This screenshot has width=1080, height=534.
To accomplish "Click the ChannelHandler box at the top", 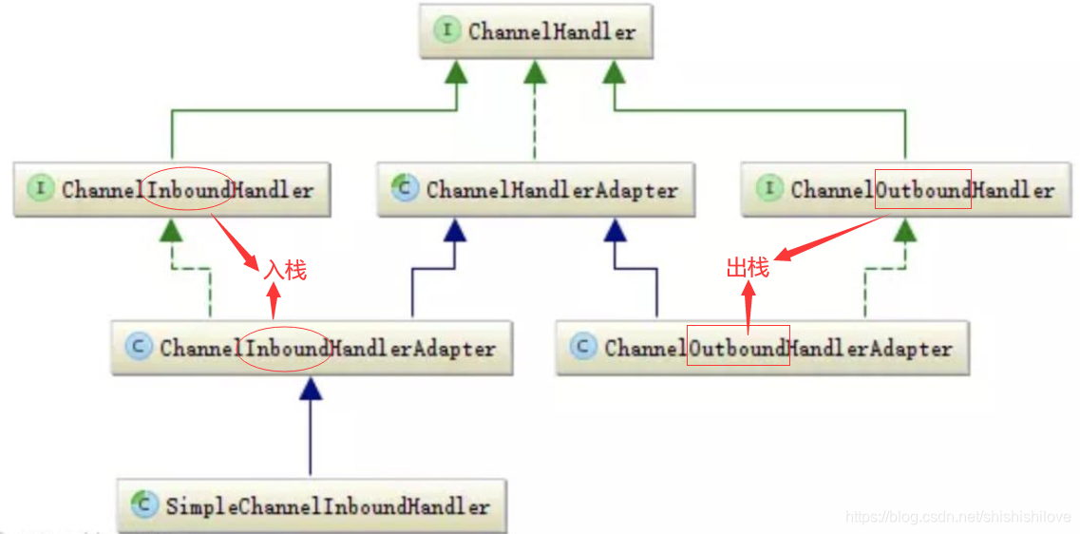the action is (536, 31).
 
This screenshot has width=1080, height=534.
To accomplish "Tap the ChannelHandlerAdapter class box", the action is (536, 189).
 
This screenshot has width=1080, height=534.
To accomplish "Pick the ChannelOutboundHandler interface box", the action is (906, 189).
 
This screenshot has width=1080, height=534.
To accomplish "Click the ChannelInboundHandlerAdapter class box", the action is (312, 348).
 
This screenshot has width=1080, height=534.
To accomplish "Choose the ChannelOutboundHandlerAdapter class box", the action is (762, 348).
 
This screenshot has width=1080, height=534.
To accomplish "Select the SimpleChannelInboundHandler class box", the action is (312, 505).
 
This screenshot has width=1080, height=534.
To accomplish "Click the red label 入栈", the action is (285, 270).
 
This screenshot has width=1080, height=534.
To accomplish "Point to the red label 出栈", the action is (748, 268).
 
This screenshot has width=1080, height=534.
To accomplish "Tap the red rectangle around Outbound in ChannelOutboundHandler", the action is (922, 189).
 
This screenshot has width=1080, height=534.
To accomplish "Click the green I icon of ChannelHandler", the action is (446, 30).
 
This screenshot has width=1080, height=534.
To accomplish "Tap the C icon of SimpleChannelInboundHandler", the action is (144, 505).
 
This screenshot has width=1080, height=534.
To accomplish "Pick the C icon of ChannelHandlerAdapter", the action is (405, 188).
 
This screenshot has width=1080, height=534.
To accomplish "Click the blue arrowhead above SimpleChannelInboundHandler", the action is (311, 388).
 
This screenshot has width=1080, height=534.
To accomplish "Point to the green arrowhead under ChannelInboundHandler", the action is (170, 229).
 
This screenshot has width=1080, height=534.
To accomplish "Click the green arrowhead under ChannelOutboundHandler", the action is (905, 229).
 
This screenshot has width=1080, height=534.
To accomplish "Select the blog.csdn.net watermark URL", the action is (957, 517).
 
